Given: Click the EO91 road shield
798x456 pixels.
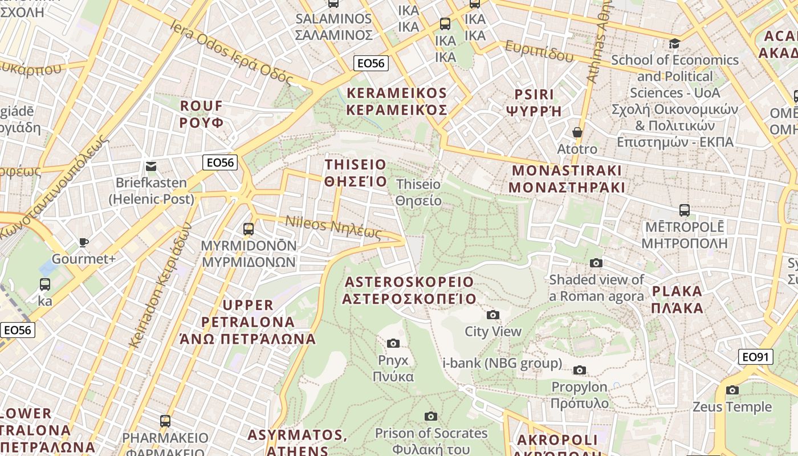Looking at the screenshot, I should coord(756,357).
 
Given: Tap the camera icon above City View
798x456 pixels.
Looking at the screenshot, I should coord(492,315).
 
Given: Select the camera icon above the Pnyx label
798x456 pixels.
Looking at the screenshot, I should coord(393,343).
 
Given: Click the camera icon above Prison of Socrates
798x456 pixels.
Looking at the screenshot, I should coord(431,417).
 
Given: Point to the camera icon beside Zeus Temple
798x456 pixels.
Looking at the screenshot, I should coord(732,390).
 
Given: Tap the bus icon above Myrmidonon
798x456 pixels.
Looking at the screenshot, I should coord(248,229).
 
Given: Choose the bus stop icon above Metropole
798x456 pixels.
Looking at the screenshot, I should coord(685,210).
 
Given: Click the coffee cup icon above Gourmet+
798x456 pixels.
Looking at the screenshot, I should coord(84,242).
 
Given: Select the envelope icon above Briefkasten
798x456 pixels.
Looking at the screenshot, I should coord(151,166).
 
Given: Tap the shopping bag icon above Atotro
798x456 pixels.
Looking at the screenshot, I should coord(577,132).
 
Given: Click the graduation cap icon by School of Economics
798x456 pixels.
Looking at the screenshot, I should coord(674,43).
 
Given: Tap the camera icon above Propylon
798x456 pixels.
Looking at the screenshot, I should coord(580,370).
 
